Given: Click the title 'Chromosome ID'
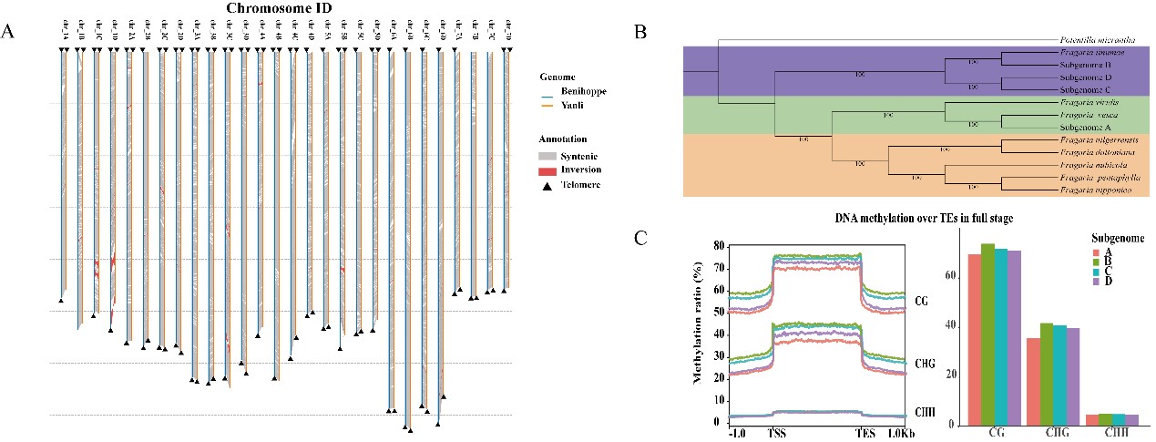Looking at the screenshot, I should tap(279, 9).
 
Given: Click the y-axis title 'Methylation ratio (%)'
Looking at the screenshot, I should tap(700, 334).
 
